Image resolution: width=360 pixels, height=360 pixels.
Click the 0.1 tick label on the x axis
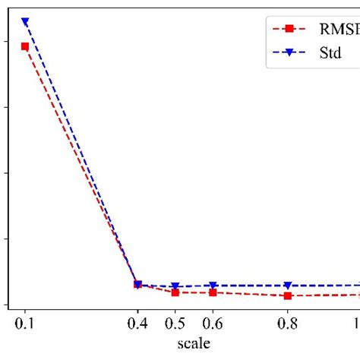click(x=25, y=324)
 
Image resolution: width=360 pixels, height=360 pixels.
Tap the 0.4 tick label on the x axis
click(x=137, y=324)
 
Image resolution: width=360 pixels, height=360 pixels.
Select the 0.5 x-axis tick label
click(x=175, y=324)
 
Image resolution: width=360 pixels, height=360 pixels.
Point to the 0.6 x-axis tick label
click(x=213, y=324)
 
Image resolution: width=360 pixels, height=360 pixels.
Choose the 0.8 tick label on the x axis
click(x=287, y=324)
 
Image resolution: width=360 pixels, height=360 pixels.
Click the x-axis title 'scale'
click(x=194, y=343)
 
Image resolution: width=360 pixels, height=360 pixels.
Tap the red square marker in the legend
click(x=289, y=29)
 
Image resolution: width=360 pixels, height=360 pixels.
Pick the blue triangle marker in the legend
click(x=289, y=53)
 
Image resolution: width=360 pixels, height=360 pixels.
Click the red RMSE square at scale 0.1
click(x=25, y=46)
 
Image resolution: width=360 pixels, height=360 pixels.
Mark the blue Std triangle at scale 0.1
click(x=25, y=22)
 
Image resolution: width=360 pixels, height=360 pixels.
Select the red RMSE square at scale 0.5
click(x=175, y=292)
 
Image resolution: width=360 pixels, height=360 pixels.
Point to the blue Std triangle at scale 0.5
click(x=175, y=286)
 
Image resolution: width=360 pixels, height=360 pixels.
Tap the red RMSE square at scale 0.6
click(x=213, y=292)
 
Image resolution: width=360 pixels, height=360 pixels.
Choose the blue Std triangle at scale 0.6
click(x=213, y=286)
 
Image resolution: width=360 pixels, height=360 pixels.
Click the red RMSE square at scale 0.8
click(x=287, y=295)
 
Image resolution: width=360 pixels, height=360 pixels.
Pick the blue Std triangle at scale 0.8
click(x=287, y=286)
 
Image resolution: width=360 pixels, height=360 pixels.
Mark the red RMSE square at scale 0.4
click(x=137, y=284)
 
